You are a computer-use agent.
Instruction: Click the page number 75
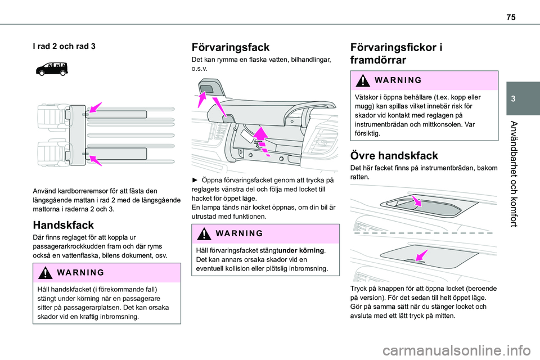(511, 17)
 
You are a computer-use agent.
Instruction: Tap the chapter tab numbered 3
(523, 98)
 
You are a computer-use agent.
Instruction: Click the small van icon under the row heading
(52, 69)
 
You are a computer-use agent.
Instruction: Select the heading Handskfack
(64, 225)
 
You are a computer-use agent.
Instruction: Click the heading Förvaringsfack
(231, 47)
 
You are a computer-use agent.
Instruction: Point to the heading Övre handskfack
(394, 156)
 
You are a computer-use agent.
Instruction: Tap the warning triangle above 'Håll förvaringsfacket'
(204, 233)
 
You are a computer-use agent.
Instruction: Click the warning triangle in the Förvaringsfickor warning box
(363, 80)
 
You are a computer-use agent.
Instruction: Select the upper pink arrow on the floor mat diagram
(96, 107)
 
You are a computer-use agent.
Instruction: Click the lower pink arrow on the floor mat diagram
(96, 160)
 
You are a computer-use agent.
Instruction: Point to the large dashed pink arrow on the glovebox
(263, 141)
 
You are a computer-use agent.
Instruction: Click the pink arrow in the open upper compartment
(417, 201)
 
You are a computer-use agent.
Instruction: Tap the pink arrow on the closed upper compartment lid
(421, 255)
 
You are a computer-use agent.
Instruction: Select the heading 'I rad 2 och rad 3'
(64, 46)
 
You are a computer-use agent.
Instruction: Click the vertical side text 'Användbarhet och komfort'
(514, 174)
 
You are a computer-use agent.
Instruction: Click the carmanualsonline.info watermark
(456, 351)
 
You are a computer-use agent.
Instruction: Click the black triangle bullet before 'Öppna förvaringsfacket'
(195, 180)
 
